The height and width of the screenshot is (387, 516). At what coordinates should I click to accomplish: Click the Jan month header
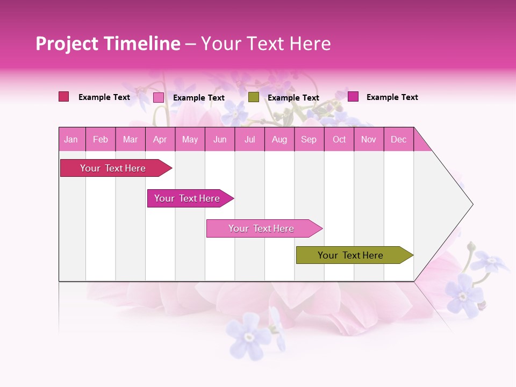coord(71,139)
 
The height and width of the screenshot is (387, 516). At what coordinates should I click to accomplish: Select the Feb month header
coord(101,139)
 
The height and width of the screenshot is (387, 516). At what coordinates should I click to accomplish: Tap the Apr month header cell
coord(160,139)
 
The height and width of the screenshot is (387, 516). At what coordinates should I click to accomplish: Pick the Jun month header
coord(220,139)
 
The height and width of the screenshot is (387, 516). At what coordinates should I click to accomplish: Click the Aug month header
coord(279,139)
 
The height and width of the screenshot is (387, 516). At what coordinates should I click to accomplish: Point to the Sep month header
coord(309,139)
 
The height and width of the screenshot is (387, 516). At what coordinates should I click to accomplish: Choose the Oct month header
coord(339,139)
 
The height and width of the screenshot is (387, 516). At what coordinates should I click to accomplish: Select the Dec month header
coord(399,139)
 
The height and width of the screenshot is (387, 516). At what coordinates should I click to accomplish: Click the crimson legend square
coord(64,97)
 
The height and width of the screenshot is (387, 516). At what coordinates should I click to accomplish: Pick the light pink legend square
coord(159,97)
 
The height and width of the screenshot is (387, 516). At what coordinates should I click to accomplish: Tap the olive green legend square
coord(254,97)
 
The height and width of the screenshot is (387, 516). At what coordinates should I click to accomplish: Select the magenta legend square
coord(353,97)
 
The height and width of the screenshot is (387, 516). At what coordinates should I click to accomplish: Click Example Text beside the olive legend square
coord(293,98)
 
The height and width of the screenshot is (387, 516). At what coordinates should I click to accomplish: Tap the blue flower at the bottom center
coord(248,336)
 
